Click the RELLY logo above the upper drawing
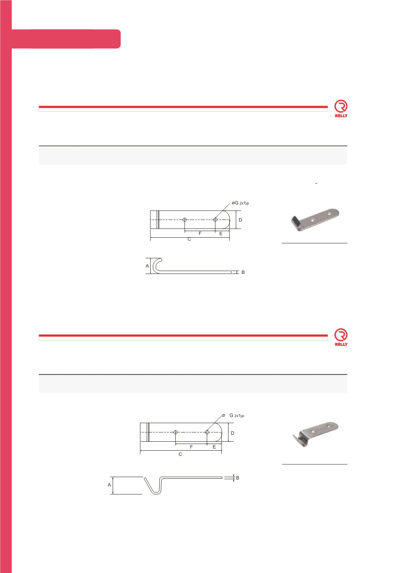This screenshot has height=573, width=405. point(341,108)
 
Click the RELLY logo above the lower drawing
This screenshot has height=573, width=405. point(341,337)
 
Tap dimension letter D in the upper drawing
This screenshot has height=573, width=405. point(240,220)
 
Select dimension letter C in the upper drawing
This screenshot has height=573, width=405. point(189,239)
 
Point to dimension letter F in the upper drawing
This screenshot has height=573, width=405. point(200,233)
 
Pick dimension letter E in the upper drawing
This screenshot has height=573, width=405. point(221,234)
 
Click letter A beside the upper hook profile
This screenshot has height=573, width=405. point(147,266)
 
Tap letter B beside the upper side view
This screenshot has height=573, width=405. point(243,272)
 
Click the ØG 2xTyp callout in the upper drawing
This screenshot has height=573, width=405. point(240,203)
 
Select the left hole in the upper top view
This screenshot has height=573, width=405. point(185,219)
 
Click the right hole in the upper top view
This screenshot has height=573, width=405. point(215,219)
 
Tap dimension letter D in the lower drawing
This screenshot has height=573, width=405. point(232,433)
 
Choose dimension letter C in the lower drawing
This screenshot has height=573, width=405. point(180,454)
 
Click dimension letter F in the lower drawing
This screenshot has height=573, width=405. point(191,447)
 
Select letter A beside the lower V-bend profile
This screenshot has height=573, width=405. point(109,485)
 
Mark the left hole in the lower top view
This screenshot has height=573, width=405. point(175,432)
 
